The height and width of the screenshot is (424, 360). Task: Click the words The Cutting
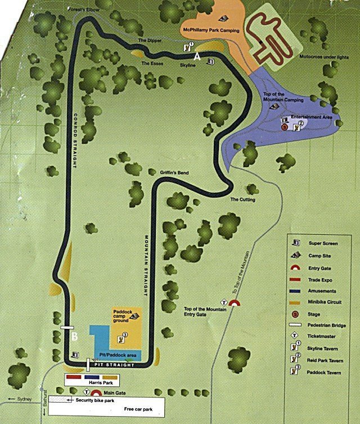243,200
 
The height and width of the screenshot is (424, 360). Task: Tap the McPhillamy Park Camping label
210,30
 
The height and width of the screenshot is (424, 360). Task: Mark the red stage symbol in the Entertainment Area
285,127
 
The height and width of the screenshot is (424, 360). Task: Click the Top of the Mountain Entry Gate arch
235,303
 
